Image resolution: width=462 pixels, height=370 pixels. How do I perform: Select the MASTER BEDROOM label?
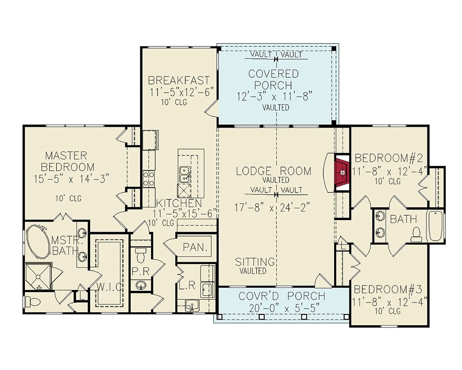(67, 161)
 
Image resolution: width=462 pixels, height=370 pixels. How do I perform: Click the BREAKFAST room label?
(179, 80)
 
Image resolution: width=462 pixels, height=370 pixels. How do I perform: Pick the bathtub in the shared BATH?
(435, 226)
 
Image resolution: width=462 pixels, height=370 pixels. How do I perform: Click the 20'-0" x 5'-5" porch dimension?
(281, 307)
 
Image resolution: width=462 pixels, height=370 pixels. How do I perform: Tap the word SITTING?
(255, 262)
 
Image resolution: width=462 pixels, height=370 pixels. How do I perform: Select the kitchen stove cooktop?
(149, 178)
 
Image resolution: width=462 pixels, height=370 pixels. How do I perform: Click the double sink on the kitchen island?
(184, 174)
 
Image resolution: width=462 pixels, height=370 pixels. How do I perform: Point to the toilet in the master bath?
(34, 302)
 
